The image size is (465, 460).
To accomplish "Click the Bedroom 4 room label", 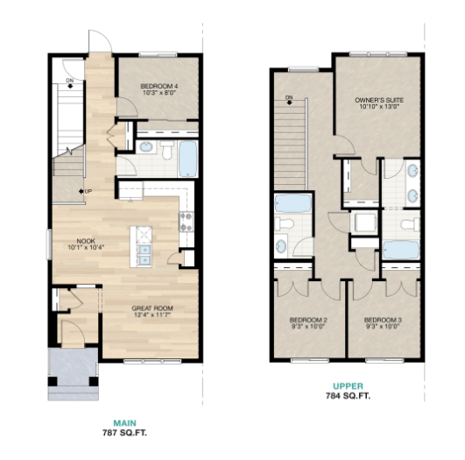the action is tap(159, 87).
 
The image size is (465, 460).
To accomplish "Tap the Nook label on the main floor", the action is tap(86, 241).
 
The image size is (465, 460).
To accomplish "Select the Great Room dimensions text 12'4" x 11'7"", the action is tap(152, 315).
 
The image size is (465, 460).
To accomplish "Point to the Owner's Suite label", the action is tap(379, 100).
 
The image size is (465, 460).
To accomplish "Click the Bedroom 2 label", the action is tap(308, 320).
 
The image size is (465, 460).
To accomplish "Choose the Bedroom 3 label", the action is tap(383, 320).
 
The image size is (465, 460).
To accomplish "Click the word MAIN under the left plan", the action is tap(125, 423).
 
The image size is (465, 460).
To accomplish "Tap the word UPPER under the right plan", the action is tap(348, 386).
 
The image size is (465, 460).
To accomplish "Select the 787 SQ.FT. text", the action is tap(125, 433).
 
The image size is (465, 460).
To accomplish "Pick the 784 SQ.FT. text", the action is tap(348, 396).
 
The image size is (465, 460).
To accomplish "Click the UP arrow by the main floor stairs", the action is tap(81, 191).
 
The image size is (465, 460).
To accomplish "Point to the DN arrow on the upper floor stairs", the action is tap(290, 103).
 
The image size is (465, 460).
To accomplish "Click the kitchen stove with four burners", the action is tap(187, 222).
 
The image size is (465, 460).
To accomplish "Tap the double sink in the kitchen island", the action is tap(144, 255).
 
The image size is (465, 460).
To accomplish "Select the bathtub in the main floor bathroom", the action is tap(188, 159).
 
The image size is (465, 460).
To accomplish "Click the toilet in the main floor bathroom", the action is tap(167, 149).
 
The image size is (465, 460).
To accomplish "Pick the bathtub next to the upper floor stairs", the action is tap(292, 203).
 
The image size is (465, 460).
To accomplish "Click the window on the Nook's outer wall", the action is tap(49, 244).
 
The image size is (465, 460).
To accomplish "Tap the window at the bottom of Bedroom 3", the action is tap(384, 361).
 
